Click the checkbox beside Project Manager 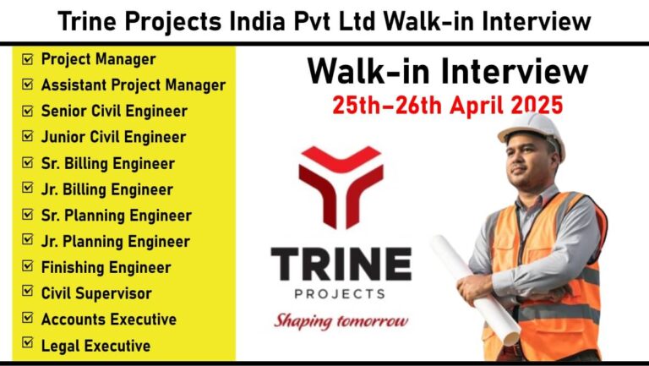pos(27,59)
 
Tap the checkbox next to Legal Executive pos(27,342)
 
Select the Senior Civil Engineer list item pos(114,112)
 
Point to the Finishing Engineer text pos(106,267)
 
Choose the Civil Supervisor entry pos(96,293)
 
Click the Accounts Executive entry pos(109,320)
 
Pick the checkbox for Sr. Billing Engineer pos(27,162)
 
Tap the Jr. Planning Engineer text pos(116,242)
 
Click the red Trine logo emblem pos(341,187)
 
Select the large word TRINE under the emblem pos(341,264)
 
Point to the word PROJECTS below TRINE pos(340,294)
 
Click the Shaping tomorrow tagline pos(341,321)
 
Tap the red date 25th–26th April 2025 pos(447,105)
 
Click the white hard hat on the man pos(532,133)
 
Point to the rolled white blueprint pos(475,290)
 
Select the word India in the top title pos(257,21)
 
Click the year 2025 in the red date pos(537,105)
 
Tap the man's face pos(528,161)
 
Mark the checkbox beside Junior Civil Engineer pos(27,136)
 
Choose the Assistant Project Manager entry pos(134,85)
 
